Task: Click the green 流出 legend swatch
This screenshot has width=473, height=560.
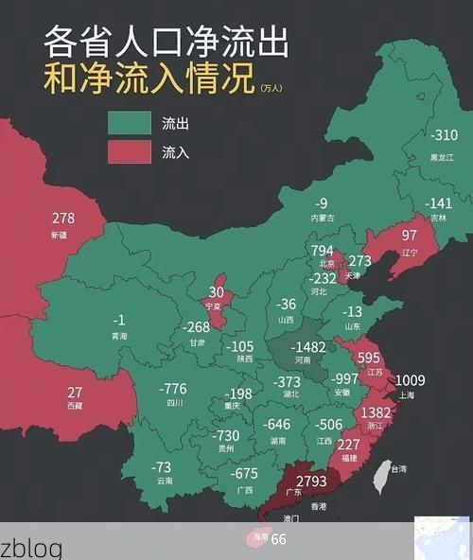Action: point(130,123)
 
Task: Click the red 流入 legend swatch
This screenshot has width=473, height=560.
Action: point(130,151)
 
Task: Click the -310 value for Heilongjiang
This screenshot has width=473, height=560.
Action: point(443,136)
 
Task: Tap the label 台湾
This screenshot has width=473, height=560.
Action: point(399,468)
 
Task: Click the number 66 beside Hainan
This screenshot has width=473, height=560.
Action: point(279,539)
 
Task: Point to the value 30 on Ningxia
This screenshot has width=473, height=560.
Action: point(218,292)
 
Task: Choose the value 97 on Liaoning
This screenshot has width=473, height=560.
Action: point(410,235)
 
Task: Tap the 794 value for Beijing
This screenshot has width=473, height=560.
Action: point(323,250)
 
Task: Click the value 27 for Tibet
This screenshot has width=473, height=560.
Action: point(75,392)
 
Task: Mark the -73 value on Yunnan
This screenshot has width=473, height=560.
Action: point(162,467)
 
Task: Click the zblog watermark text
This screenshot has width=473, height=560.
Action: point(31,549)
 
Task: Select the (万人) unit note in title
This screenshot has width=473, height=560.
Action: point(271,88)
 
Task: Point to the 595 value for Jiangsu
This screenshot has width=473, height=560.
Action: point(370,358)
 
